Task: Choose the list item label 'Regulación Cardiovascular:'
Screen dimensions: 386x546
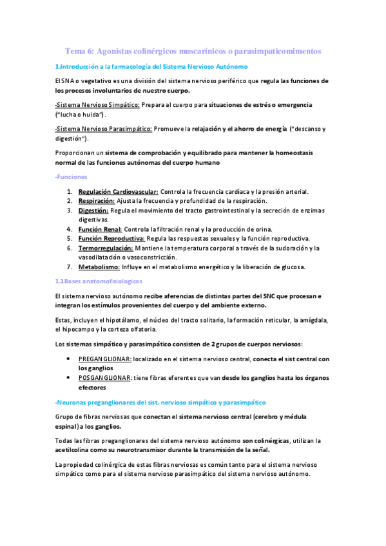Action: point(118,191)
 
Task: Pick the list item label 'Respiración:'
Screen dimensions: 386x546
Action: point(97,201)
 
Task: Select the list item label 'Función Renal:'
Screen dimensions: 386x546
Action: point(100,229)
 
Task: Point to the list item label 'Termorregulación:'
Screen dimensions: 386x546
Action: point(106,248)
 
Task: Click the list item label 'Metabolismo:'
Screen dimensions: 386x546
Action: point(99,267)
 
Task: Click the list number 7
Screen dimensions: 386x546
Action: point(69,267)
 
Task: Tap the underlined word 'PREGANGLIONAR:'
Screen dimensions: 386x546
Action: point(105,359)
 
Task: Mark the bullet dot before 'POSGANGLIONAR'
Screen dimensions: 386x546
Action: point(69,378)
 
